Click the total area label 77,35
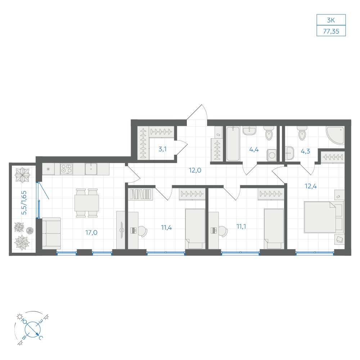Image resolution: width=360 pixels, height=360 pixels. (331, 31)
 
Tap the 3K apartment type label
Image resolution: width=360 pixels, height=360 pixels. (331, 20)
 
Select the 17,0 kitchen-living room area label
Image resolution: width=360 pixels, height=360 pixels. (91, 232)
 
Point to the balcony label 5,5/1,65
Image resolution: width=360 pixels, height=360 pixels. (24, 203)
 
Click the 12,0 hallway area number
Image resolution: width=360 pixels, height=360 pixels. (195, 170)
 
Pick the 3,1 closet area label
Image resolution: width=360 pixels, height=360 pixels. (163, 149)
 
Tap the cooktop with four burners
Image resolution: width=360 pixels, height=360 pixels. (67, 169)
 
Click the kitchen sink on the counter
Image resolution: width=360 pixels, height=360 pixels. (91, 169)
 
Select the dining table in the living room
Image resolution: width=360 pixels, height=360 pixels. (87, 203)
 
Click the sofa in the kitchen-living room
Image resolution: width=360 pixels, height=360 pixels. (51, 233)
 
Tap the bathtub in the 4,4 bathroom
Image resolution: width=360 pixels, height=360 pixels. (233, 144)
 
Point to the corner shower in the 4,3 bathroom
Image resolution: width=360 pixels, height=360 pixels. (335, 135)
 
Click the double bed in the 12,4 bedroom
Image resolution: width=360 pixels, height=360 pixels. (324, 217)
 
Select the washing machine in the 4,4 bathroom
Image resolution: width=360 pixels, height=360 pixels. (272, 155)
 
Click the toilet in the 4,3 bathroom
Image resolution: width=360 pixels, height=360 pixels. (302, 133)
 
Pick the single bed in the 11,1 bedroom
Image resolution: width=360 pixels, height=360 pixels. (274, 229)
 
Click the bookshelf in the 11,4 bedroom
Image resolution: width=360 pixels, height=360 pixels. (141, 194)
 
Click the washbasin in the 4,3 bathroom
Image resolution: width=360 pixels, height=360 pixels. (290, 153)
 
